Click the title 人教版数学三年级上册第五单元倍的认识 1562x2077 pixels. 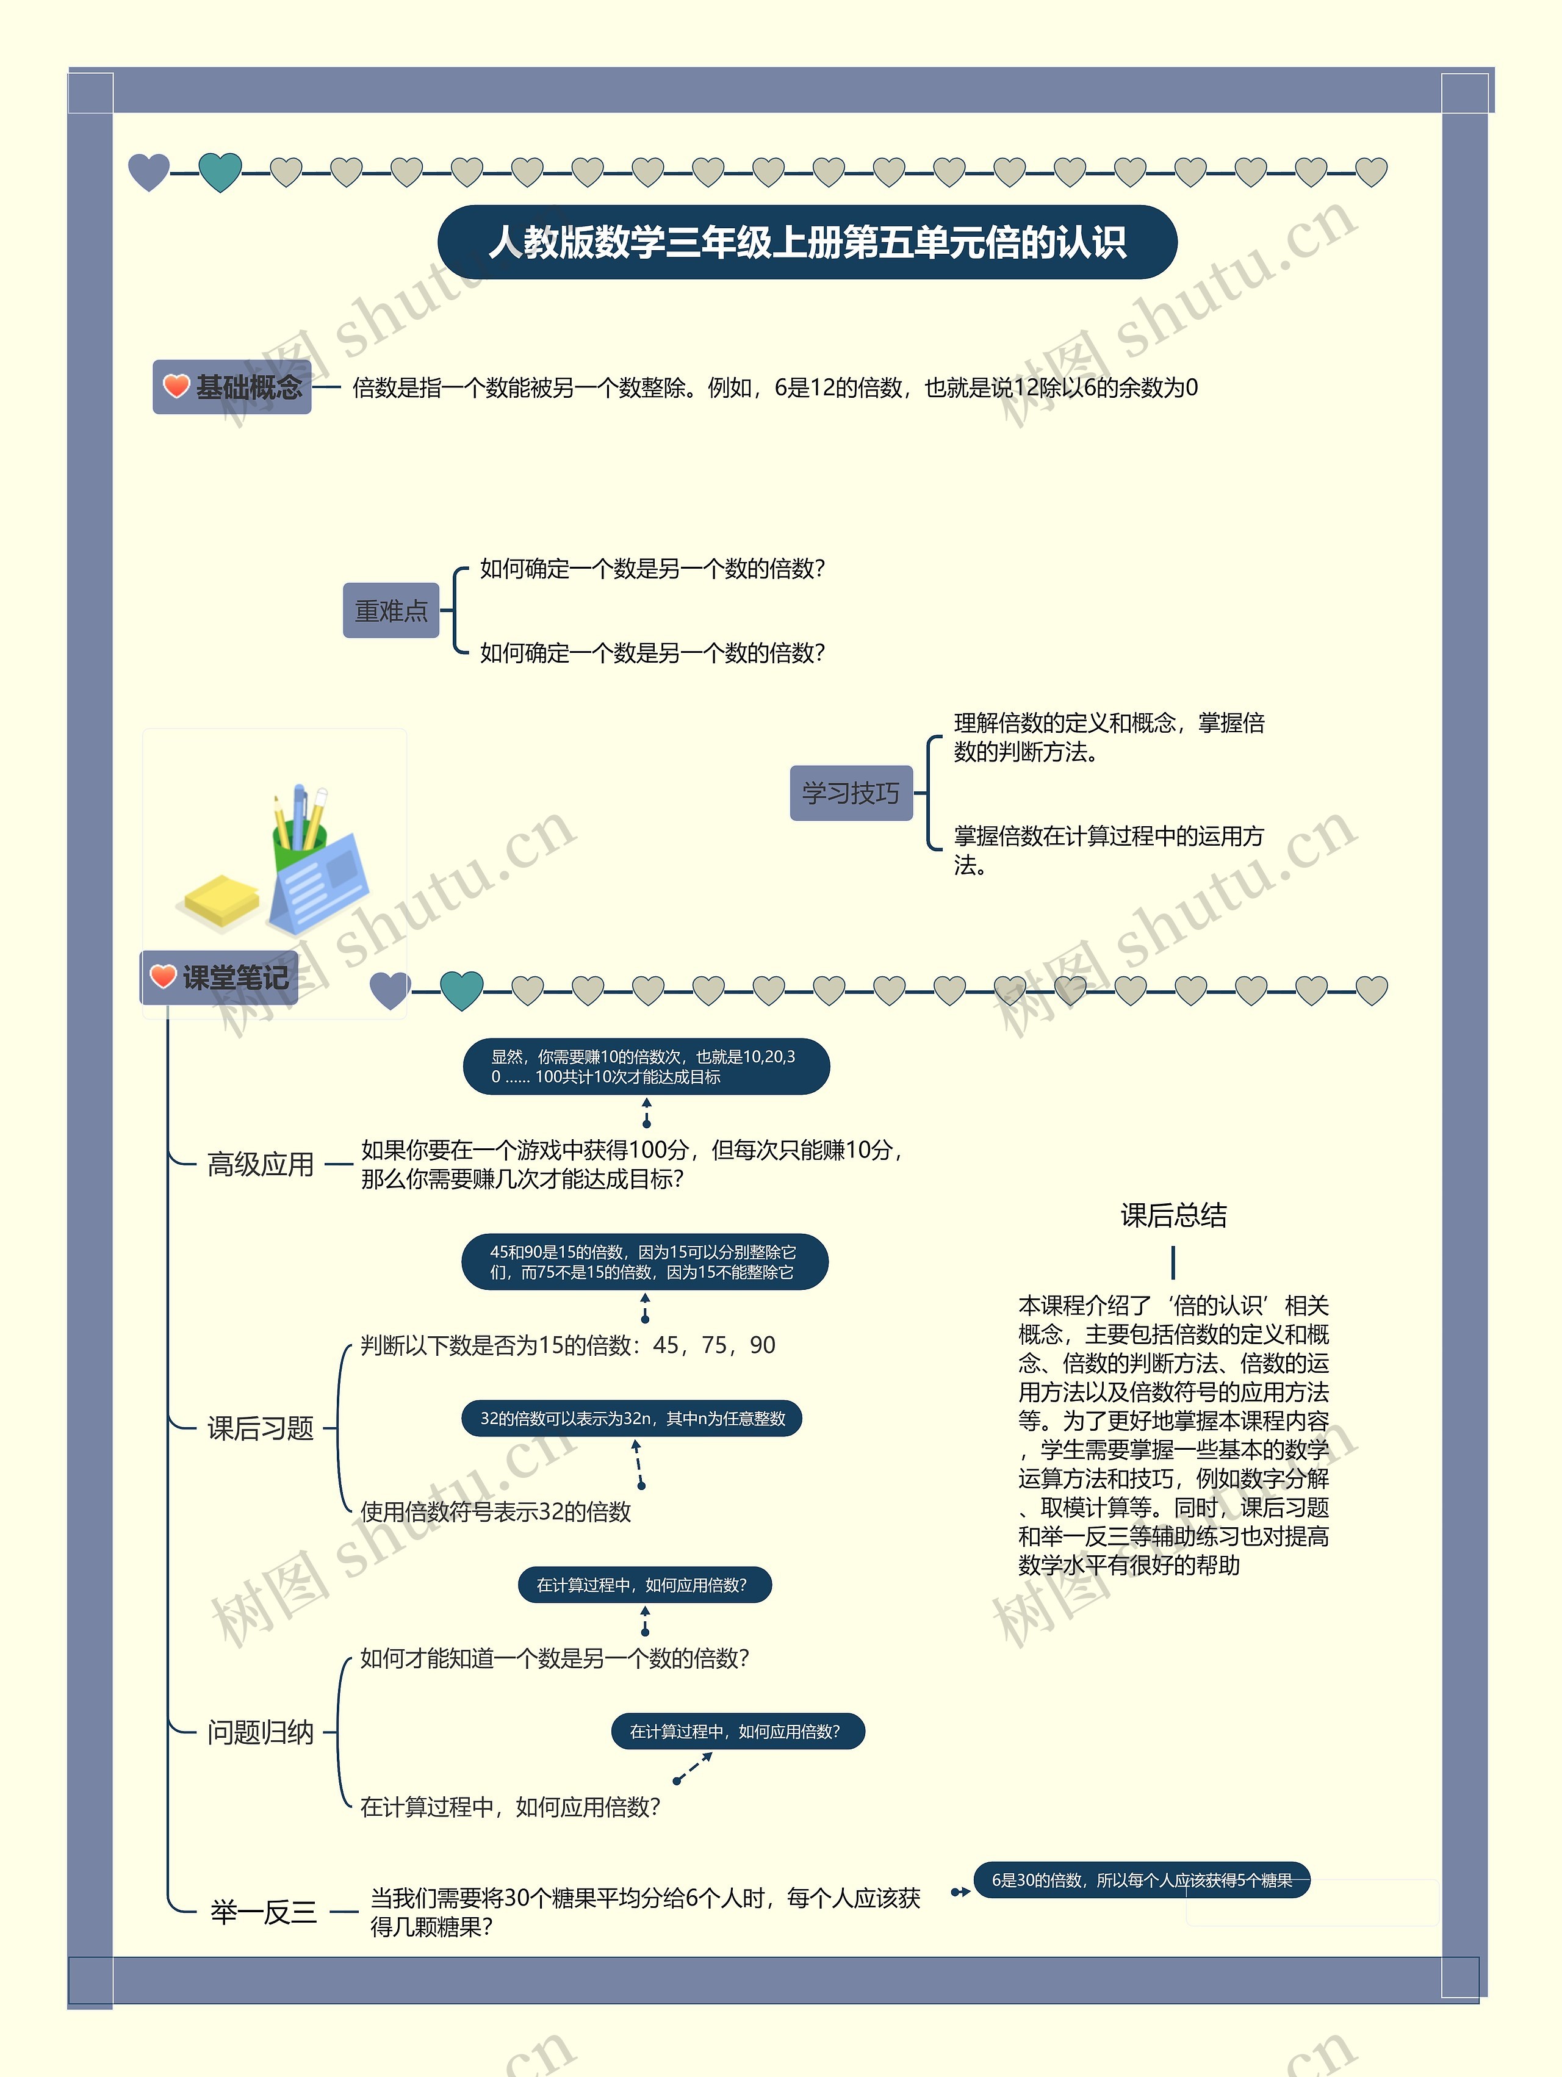pyautogui.click(x=807, y=242)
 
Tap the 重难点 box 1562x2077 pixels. pyautogui.click(x=390, y=610)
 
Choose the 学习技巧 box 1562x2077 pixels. pyautogui.click(x=851, y=793)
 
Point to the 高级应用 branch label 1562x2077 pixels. pyautogui.click(x=260, y=1164)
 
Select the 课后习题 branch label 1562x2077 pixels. pyautogui.click(x=260, y=1428)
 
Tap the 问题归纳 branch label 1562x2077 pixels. pyautogui.click(x=260, y=1732)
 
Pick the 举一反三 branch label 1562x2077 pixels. pyautogui.click(x=264, y=1912)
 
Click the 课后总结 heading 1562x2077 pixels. pyautogui.click(x=1173, y=1215)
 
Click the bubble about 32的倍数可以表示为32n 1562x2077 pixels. pyautogui.click(x=632, y=1418)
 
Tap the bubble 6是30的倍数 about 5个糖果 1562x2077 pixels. pyautogui.click(x=1142, y=1880)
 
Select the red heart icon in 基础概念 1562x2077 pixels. pyautogui.click(x=176, y=386)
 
